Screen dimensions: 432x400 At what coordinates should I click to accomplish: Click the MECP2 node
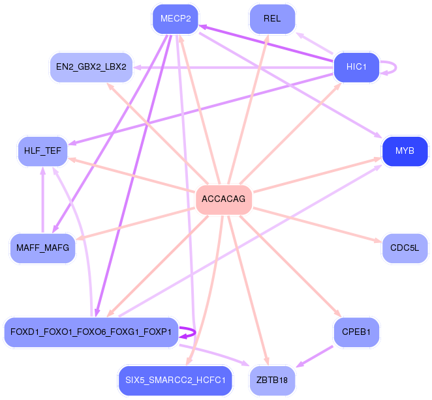176,19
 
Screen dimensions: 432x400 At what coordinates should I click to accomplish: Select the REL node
272,19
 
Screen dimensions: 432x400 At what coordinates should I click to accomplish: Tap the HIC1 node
356,67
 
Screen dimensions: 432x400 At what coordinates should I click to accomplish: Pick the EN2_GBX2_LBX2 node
91,67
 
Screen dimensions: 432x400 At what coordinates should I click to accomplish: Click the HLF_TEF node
42,151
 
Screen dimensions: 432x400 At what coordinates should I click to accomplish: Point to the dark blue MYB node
405,151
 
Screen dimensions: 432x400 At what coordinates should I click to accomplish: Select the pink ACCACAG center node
223,199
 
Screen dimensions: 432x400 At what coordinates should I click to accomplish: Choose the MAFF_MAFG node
42,248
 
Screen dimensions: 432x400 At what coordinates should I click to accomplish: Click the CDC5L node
405,248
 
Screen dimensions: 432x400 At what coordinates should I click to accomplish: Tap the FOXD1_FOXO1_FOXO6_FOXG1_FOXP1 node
91,332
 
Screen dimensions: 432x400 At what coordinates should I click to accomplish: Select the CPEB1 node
356,332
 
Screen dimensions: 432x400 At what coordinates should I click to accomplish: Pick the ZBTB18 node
272,380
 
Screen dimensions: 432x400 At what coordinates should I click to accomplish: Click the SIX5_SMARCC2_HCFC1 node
176,380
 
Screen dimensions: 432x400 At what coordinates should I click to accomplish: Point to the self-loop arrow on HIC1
396,67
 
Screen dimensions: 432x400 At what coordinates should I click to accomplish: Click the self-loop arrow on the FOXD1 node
194,332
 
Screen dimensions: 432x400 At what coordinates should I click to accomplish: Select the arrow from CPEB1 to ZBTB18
315,356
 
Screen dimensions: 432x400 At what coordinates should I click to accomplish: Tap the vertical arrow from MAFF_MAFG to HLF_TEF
42,200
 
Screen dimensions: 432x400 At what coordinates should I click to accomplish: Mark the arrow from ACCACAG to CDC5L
317,225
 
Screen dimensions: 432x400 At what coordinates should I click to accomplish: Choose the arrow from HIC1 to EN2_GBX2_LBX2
233,67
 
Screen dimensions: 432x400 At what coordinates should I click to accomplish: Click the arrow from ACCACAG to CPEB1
290,266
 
